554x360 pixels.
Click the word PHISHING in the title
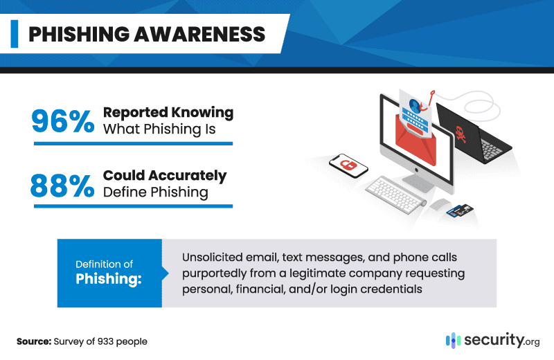click(79, 34)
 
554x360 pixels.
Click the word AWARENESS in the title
click(199, 34)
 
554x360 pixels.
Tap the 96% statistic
click(63, 121)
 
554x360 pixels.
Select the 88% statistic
click(62, 185)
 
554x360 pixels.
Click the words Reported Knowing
click(168, 112)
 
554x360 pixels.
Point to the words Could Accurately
click(165, 176)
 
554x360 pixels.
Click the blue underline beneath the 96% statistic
click(133, 143)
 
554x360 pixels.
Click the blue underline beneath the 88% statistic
click(133, 206)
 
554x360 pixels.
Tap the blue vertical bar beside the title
click(15, 34)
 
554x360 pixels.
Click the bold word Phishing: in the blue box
click(109, 279)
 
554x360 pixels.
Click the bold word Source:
click(34, 341)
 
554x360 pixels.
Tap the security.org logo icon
click(453, 341)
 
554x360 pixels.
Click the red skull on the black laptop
click(461, 134)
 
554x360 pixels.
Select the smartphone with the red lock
click(348, 165)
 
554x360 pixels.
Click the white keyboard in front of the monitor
click(395, 195)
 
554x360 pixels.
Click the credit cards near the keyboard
click(460, 211)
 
